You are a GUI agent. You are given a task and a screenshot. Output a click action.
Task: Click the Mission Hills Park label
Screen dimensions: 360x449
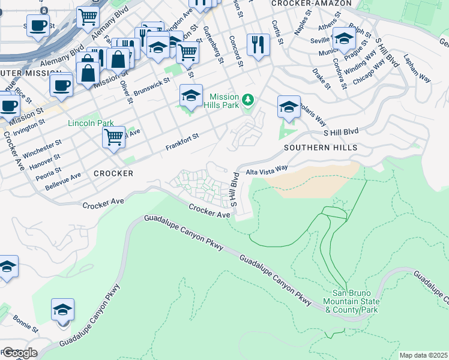tap(224, 102)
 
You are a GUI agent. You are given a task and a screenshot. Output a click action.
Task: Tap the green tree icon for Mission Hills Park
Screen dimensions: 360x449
tap(248, 98)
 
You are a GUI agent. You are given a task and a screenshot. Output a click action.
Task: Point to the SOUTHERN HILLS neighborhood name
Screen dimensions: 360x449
tap(321, 148)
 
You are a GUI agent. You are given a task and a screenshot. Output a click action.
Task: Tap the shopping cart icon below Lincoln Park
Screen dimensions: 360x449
tap(113, 137)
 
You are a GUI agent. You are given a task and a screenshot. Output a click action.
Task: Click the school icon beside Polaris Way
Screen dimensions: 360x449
tap(289, 107)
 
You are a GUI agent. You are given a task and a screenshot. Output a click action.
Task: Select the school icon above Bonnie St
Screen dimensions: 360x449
tap(62, 310)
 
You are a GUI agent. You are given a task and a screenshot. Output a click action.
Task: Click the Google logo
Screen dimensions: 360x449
tap(19, 353)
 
